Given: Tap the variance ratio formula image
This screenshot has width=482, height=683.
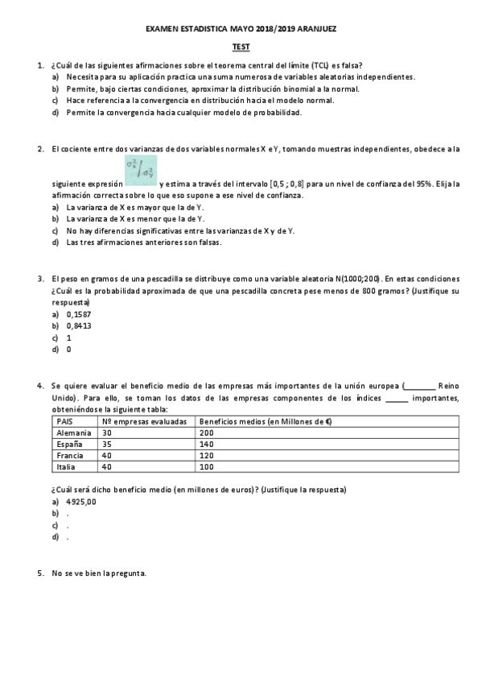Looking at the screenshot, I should [141, 170].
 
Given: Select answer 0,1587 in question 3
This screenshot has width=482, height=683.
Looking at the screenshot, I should [79, 313].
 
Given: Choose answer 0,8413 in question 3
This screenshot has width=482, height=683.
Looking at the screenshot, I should [79, 325].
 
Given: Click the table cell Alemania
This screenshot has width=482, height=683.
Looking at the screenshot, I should [73, 433].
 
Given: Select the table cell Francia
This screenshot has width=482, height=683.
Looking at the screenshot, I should [71, 455].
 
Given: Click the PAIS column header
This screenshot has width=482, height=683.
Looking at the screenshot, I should [65, 421].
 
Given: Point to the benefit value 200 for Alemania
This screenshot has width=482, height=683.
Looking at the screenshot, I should [207, 433].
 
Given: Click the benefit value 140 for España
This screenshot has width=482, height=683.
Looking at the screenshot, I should [207, 444].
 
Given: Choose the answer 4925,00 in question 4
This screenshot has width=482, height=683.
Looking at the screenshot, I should [81, 501].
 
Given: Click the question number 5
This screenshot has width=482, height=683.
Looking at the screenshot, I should [40, 573].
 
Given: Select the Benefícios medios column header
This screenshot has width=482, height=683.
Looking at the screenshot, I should [266, 421].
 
